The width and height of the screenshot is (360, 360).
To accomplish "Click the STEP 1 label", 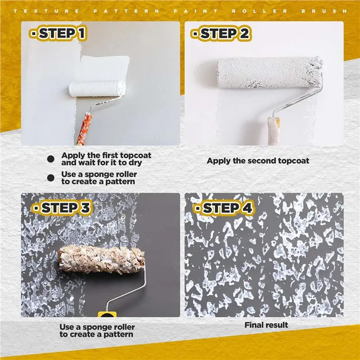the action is point(58,33).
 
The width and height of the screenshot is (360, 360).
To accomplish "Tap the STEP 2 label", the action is point(220,33).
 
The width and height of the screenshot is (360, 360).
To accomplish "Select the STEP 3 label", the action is point(62,208).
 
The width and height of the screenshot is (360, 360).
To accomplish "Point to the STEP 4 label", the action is point(224,208).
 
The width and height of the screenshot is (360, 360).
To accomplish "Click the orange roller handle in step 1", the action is point(84,129).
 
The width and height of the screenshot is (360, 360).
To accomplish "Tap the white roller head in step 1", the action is point(97,89).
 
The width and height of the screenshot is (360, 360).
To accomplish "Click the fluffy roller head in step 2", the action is point(269,72).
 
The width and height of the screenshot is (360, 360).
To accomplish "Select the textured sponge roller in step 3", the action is point(102,259).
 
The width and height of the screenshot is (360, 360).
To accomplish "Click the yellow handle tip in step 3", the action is point(107,314).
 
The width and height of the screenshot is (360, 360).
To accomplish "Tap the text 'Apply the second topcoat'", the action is point(258,161).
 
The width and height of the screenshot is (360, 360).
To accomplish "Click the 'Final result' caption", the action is point(266,325).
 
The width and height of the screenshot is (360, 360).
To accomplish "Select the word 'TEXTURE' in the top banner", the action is point(46,11).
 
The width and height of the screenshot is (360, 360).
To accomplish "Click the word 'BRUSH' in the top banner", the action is point(324,11).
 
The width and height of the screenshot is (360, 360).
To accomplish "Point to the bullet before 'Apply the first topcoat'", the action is point(50,159).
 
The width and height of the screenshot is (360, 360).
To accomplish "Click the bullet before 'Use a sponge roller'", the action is point(50,178).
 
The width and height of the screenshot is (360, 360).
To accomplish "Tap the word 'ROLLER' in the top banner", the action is point(260,11).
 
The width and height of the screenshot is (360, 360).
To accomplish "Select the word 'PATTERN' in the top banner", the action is point(126,11).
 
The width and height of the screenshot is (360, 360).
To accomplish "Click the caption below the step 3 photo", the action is point(97,331).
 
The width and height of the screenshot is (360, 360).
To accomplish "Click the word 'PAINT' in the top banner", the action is point(196,11).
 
